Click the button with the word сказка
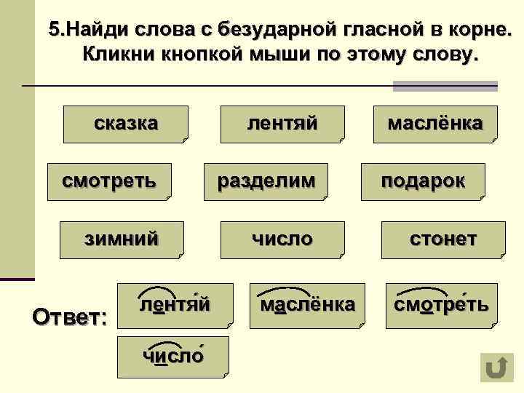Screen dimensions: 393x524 (126, 123)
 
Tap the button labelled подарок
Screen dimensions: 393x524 (423, 180)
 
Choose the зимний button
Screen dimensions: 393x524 (122, 238)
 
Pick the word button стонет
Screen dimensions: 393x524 (442, 238)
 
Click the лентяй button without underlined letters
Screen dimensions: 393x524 (282, 123)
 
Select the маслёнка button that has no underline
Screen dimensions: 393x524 (434, 123)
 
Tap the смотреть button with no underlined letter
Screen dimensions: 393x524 (108, 180)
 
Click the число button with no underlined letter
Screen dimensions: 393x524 (282, 238)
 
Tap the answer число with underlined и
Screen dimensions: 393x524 (172, 356)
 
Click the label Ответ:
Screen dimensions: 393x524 (70, 318)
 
